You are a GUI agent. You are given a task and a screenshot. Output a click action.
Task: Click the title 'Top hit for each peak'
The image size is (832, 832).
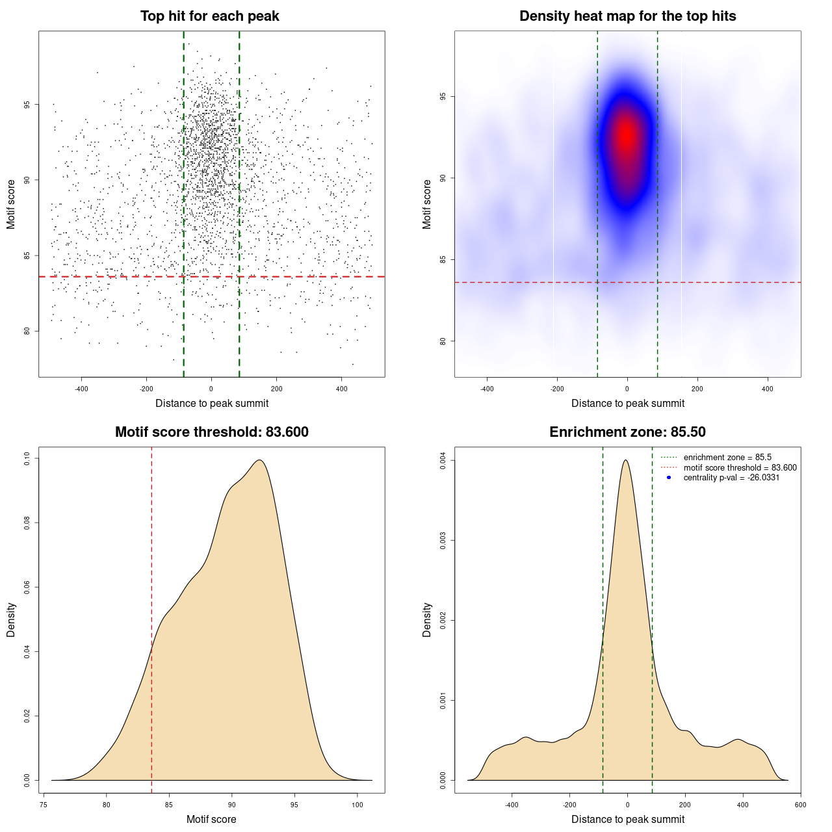(209, 16)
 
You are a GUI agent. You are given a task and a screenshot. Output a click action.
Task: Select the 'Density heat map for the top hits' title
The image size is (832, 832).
(627, 16)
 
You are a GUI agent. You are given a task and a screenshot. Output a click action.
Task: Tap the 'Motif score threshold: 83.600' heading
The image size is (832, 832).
(211, 432)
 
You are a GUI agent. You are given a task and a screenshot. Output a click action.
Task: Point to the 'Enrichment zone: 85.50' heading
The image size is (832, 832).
(627, 432)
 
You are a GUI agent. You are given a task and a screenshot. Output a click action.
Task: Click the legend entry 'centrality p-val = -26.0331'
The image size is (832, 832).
(731, 478)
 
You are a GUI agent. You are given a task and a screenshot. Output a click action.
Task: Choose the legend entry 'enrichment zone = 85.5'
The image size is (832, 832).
(727, 458)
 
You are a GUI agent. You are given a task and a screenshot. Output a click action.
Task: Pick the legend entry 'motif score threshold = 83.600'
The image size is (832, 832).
(740, 468)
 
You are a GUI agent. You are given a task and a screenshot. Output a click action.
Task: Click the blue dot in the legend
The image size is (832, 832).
(669, 478)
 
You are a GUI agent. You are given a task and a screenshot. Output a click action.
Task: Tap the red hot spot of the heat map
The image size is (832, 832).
(626, 135)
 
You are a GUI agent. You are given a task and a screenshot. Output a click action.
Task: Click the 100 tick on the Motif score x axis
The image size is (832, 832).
(357, 805)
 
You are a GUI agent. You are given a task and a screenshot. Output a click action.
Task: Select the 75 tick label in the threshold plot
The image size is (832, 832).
(44, 805)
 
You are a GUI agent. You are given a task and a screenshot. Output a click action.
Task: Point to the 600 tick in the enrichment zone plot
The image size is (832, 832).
(800, 805)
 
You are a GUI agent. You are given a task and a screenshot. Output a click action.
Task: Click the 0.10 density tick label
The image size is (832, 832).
(27, 459)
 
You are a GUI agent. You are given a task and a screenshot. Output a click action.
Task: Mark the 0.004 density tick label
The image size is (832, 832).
(443, 461)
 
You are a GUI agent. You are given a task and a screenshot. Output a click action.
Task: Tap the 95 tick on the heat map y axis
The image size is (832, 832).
(443, 97)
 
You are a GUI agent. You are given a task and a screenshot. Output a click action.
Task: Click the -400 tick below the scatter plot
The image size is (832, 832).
(81, 389)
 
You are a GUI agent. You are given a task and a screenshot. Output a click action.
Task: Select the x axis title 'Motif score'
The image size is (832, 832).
(211, 819)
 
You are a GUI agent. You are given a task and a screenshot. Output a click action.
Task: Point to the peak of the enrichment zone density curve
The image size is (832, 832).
(625, 460)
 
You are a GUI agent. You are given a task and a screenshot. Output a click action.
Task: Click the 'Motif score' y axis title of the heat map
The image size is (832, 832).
(427, 204)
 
